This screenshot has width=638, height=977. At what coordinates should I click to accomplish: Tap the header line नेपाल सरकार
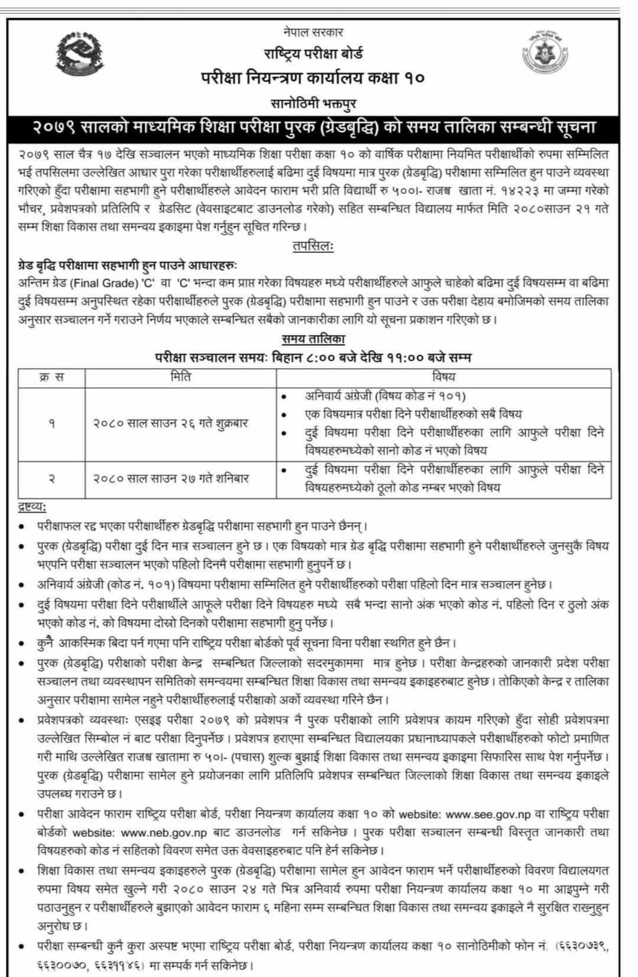[313, 32]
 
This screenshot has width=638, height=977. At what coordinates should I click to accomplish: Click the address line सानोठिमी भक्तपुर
[314, 104]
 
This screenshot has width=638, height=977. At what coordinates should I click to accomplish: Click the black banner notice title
[314, 128]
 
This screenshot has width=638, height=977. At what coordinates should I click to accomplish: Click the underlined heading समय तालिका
[313, 339]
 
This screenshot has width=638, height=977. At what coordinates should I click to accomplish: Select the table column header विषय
[444, 376]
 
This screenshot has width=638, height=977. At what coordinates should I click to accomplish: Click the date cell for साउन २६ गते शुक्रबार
[171, 423]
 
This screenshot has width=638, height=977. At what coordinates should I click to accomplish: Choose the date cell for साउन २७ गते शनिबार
[171, 478]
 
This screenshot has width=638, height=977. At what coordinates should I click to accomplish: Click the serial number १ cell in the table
[52, 423]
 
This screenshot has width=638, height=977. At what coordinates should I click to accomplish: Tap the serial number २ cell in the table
[52, 478]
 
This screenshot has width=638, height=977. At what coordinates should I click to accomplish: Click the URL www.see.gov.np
[484, 814]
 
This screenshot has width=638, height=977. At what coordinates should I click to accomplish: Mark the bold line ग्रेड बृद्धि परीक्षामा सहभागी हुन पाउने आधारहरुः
[127, 266]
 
